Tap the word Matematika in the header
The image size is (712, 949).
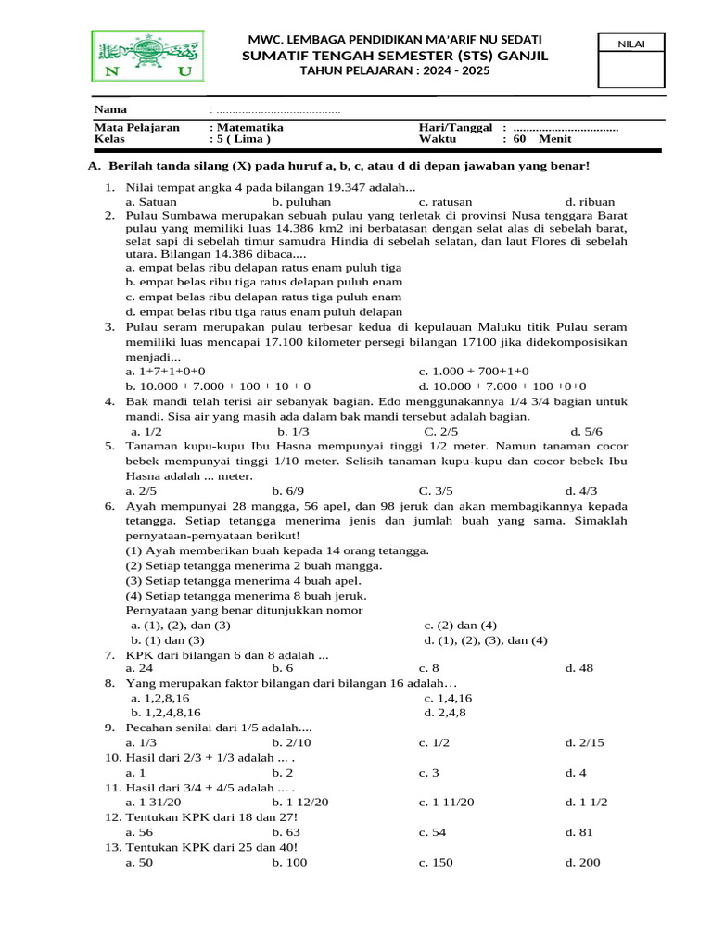[x=249, y=127]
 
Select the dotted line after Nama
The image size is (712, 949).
[x=278, y=110]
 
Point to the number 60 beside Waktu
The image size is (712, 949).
[x=519, y=139]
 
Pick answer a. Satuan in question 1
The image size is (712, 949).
[x=151, y=200]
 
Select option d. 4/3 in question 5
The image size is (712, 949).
[x=581, y=491]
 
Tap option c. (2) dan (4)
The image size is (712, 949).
[x=461, y=625]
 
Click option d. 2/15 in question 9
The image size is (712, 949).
[x=584, y=742]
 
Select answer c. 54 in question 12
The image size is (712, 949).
[x=433, y=832]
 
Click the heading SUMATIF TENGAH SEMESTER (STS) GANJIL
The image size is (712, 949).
[x=395, y=57]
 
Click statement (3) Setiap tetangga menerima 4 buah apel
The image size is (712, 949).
[x=243, y=580]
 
